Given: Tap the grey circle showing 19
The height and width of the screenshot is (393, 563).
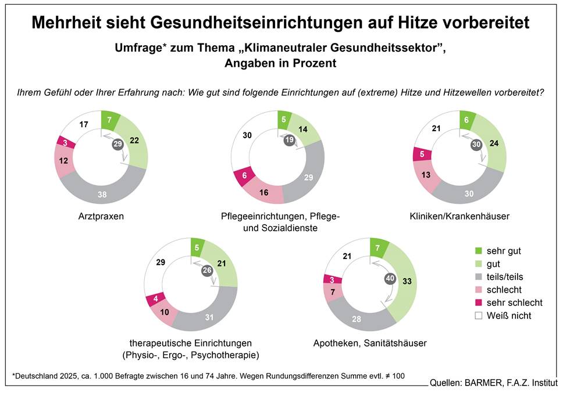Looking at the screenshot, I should (x=290, y=139).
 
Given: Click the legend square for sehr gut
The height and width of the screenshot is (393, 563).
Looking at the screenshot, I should (x=478, y=251).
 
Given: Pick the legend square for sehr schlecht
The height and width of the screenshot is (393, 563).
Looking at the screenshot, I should (x=478, y=302).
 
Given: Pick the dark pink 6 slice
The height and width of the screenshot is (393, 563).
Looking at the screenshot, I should (x=244, y=175).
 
